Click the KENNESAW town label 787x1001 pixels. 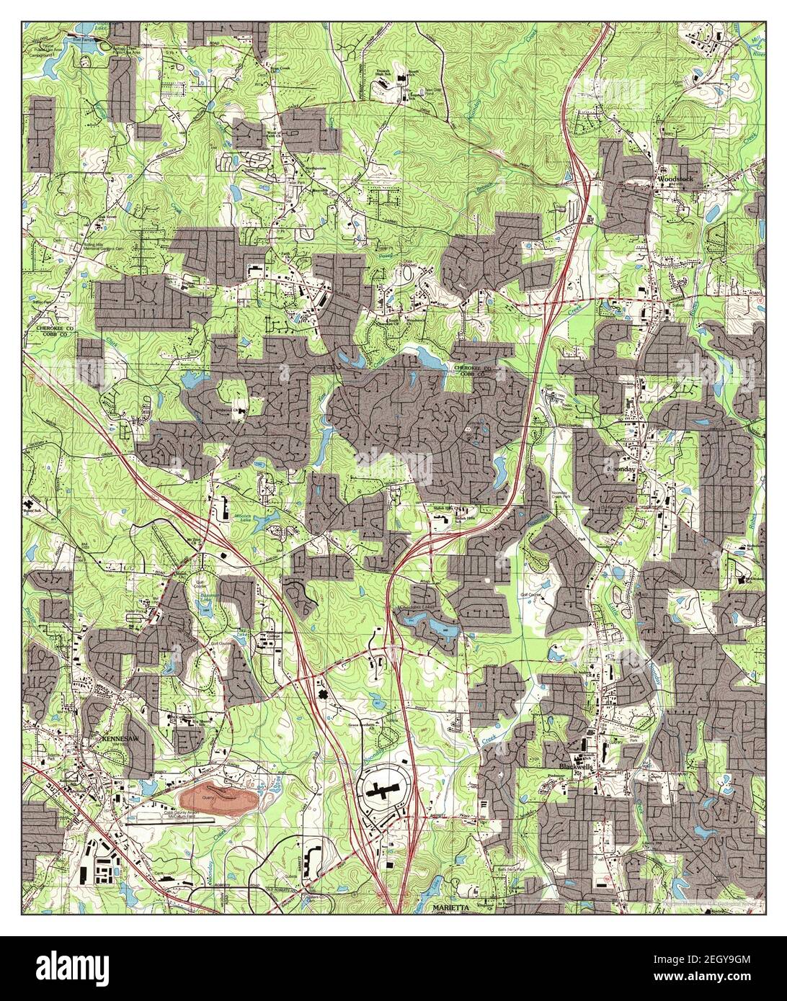pyautogui.click(x=114, y=740)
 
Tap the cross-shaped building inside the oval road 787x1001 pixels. pyautogui.click(x=381, y=792)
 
